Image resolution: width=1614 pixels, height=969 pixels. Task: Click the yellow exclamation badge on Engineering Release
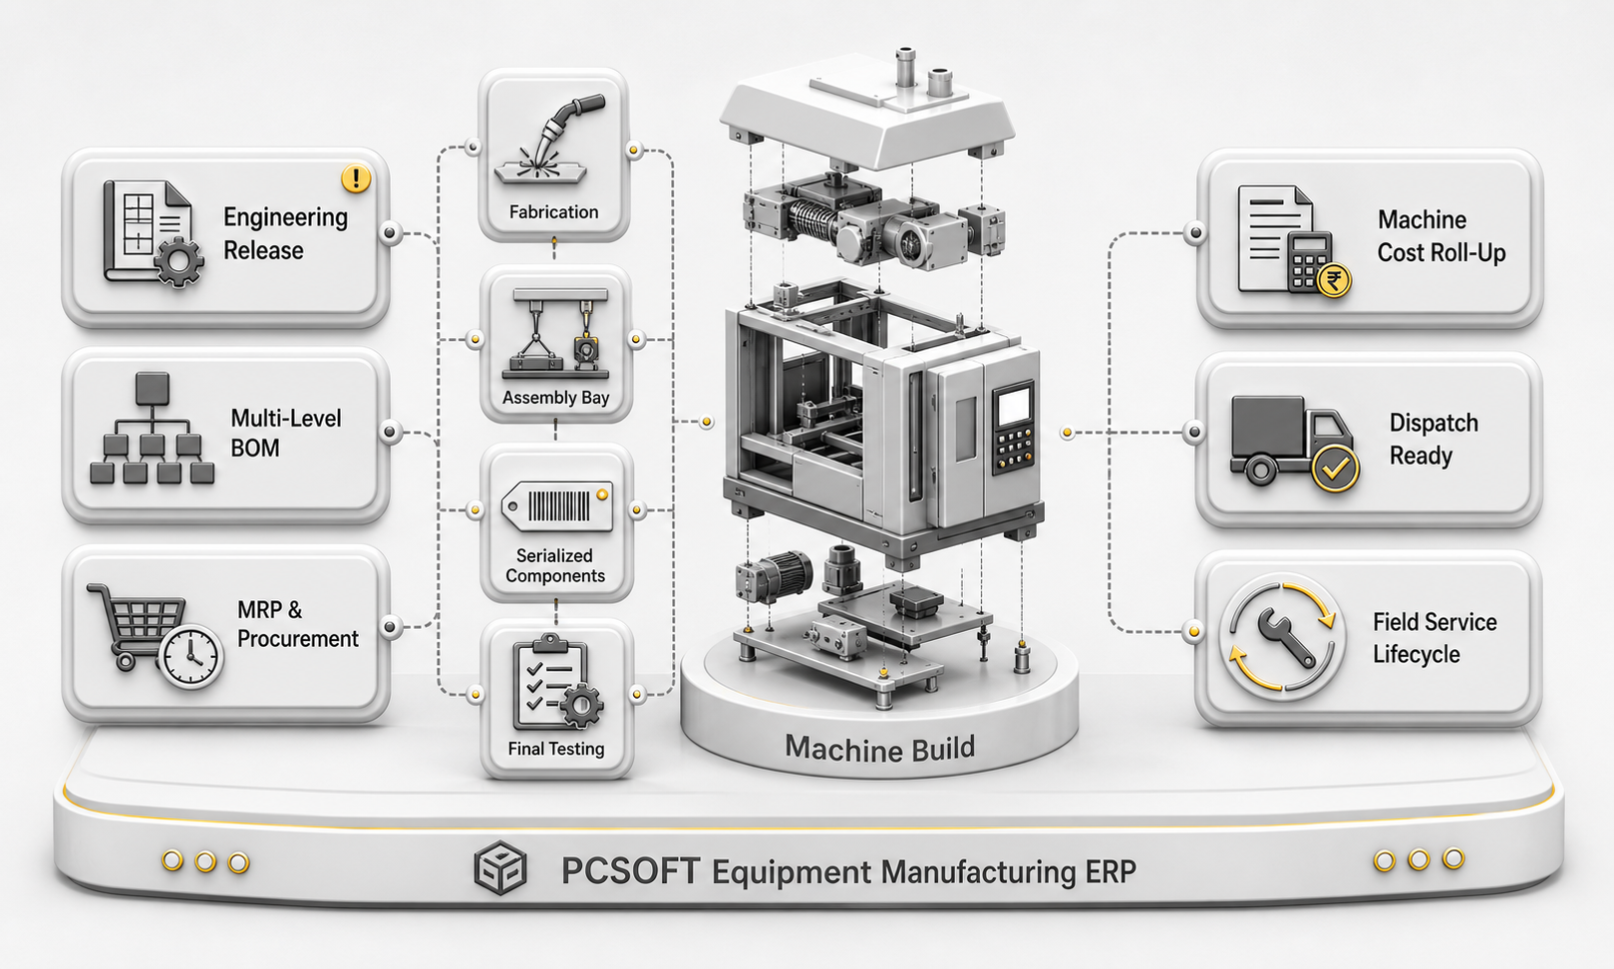point(356,177)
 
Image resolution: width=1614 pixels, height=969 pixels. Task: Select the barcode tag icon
point(557,505)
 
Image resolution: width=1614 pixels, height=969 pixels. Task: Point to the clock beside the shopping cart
point(190,656)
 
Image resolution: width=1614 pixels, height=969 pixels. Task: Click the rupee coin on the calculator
point(1334,280)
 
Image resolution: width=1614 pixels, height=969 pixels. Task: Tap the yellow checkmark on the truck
point(1335,469)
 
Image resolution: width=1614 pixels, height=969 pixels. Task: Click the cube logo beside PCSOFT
point(500,867)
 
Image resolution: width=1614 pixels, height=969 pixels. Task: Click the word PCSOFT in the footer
point(630,871)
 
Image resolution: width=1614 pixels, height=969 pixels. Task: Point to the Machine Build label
point(879,749)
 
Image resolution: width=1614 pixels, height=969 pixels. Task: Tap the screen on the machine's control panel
point(1012,406)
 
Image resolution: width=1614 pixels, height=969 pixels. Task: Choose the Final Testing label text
point(555,750)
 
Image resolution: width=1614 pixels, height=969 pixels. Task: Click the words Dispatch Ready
point(1434,439)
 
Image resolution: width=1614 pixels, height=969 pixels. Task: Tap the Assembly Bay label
point(555,398)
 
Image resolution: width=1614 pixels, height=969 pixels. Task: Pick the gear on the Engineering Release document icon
point(178,262)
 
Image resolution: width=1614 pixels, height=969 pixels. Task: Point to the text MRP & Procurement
point(297,624)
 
